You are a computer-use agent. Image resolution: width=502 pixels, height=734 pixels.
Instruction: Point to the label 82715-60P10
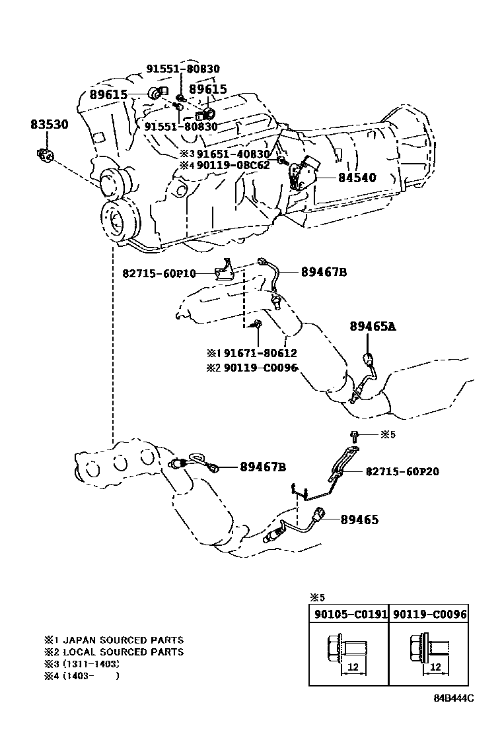159,273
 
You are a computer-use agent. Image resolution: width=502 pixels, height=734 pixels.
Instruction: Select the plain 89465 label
359,520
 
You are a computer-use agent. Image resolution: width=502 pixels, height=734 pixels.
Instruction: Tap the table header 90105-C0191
348,614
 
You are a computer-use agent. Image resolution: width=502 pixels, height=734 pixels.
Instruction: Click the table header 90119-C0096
429,614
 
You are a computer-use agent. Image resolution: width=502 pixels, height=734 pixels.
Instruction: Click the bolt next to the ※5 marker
355,435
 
